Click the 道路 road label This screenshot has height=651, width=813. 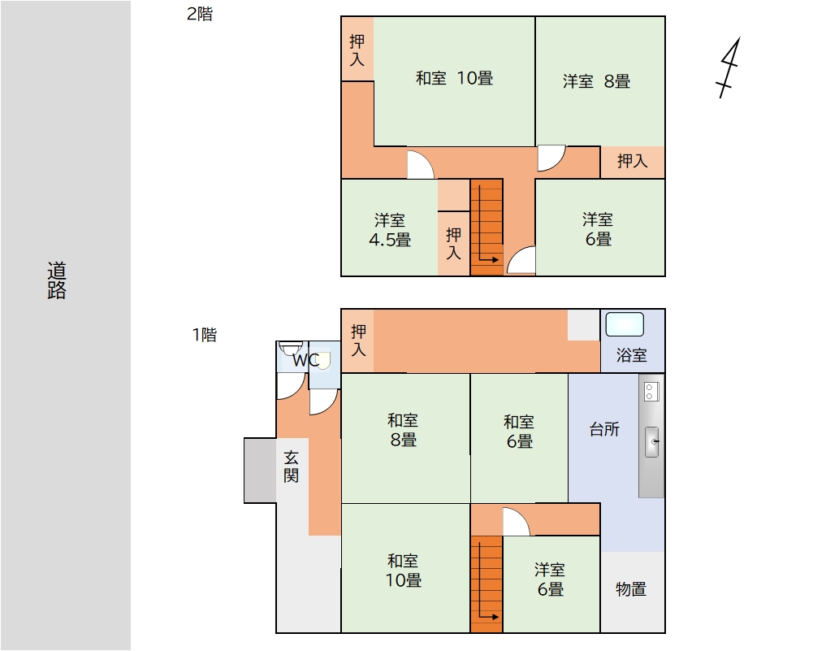pos(57,280)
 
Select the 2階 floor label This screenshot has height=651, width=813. pos(200,14)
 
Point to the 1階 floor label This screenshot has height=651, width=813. pos(205,335)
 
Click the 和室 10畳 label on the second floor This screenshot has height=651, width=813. pos(454,78)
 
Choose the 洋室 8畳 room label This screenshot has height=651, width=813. pos(596,81)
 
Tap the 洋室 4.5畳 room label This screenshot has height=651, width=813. pos(390,230)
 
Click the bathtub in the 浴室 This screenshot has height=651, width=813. pos(625,325)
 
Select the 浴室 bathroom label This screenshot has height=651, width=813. pos(632,355)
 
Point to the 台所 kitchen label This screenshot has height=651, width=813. pos(604,429)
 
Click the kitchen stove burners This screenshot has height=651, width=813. pos(651,392)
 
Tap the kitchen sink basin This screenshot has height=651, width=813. pos(651,442)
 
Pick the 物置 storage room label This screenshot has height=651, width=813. pos(631,589)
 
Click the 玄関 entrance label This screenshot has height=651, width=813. pos(291,467)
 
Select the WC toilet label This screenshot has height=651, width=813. pos(306,360)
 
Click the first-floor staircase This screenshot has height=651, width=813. pos(487,584)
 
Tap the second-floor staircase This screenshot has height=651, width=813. pos(487,228)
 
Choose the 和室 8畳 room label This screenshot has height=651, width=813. pos(403,430)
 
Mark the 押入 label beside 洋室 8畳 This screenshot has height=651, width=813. pos(632,161)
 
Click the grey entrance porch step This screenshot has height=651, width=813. pos(260,471)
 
